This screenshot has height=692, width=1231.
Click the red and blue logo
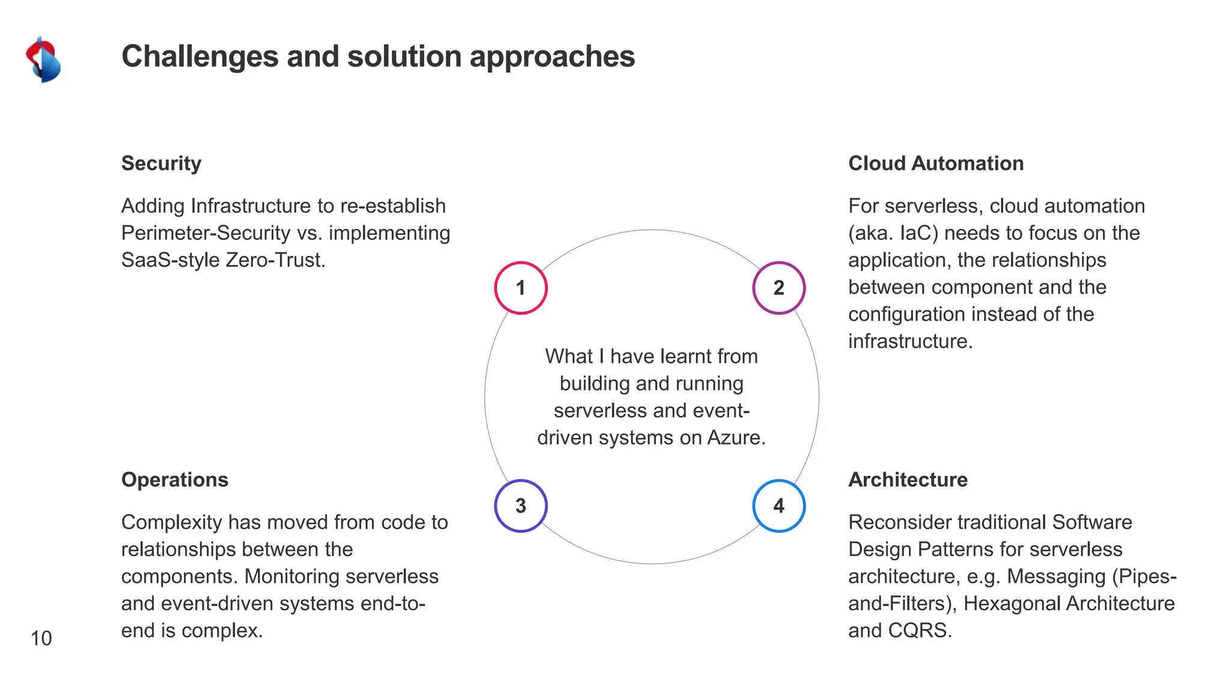click(x=43, y=59)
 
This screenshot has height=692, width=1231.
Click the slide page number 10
click(x=41, y=638)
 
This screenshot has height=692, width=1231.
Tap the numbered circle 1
click(x=521, y=288)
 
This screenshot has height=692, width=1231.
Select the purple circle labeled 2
click(x=778, y=288)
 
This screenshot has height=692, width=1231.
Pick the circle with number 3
click(x=521, y=506)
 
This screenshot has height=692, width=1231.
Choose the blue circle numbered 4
click(x=778, y=506)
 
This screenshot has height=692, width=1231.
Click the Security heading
click(x=161, y=163)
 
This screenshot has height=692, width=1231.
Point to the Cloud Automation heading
click(x=935, y=163)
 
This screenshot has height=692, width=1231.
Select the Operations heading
click(x=174, y=480)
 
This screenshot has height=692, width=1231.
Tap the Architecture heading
click(x=908, y=480)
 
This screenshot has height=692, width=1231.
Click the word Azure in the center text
click(x=736, y=437)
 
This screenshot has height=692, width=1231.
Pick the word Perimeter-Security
click(x=206, y=233)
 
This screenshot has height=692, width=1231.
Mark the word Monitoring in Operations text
click(x=292, y=577)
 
